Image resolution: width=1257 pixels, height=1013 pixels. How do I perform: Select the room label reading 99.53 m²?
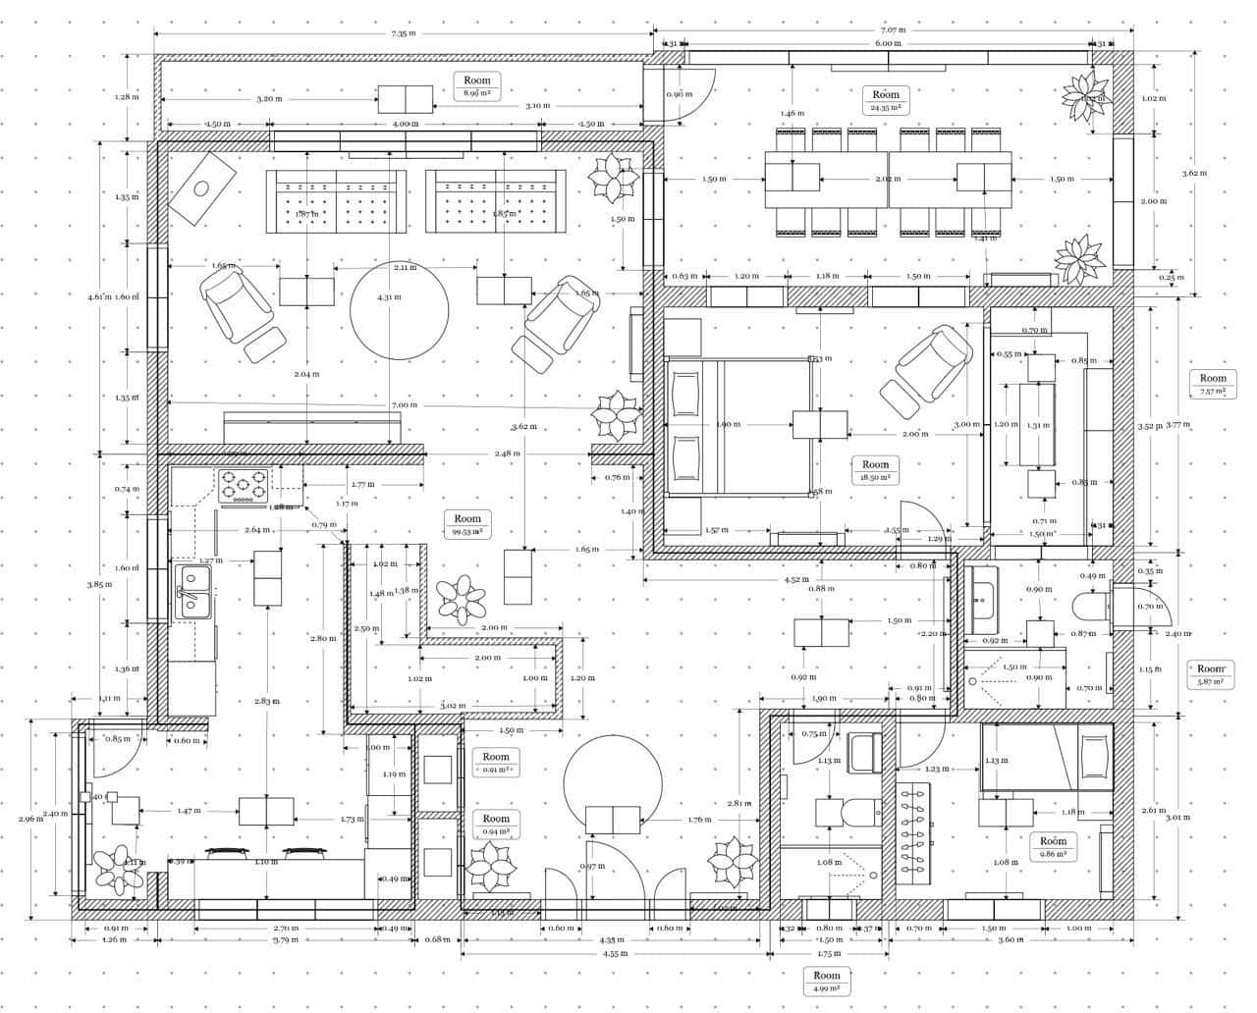click(467, 524)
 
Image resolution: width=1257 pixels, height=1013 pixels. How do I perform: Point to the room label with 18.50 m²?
click(875, 470)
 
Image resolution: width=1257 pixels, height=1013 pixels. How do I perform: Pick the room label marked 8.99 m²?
click(477, 86)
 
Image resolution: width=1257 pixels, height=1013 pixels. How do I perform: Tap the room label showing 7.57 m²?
click(1213, 384)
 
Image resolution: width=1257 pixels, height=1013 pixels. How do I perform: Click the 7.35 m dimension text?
click(402, 33)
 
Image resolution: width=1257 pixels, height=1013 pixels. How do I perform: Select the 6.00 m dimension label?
click(889, 43)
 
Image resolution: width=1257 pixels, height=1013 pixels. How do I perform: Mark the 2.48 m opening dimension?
click(508, 453)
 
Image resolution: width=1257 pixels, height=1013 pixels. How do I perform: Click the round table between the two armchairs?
click(393, 312)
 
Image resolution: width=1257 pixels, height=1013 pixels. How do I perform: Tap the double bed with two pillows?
click(737, 426)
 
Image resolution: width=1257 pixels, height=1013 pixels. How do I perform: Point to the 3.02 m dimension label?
click(452, 705)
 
